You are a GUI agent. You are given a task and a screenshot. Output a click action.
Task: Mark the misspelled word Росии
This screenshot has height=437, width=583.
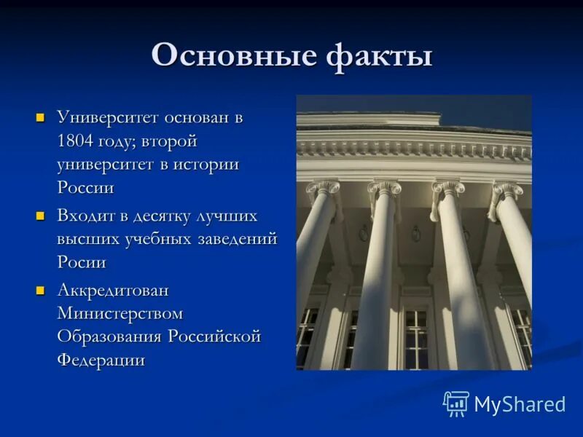(x=82, y=263)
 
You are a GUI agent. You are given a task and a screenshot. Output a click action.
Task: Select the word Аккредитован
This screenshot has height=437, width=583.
(x=112, y=291)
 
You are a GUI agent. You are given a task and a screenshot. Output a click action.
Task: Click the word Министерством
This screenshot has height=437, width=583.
(x=120, y=314)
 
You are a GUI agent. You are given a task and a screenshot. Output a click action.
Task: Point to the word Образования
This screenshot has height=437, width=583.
(x=110, y=337)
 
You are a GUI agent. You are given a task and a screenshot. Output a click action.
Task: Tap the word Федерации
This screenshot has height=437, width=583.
(x=101, y=361)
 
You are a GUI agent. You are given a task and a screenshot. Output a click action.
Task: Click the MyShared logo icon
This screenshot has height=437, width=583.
(x=456, y=403)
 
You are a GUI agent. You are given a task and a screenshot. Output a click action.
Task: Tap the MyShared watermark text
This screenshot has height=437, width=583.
(x=520, y=404)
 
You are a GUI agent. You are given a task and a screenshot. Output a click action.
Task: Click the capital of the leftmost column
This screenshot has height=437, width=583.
(x=323, y=192)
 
